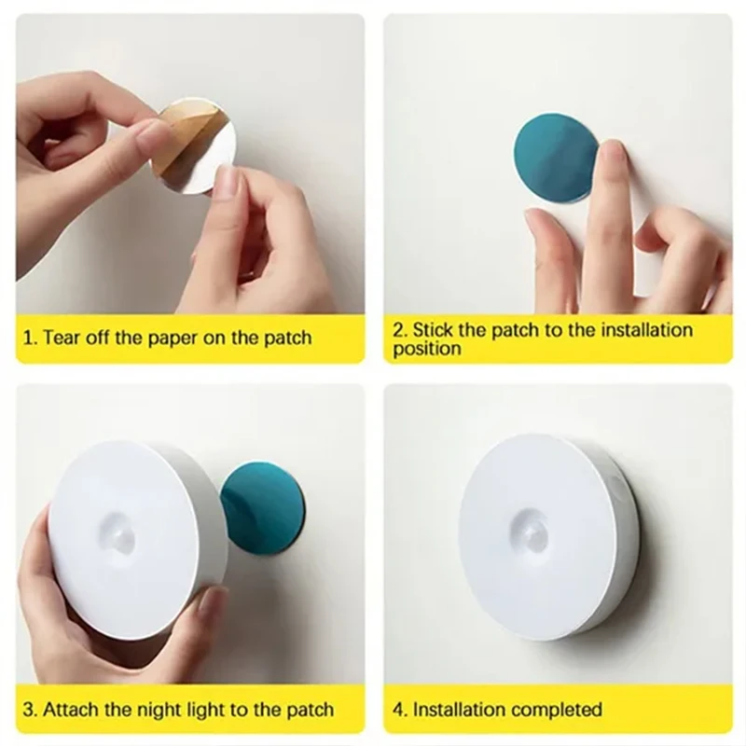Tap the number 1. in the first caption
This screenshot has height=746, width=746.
(x=29, y=338)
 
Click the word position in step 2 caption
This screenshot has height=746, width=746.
(x=426, y=350)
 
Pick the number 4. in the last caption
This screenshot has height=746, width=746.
(x=399, y=711)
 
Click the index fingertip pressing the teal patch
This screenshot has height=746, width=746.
(x=612, y=154)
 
